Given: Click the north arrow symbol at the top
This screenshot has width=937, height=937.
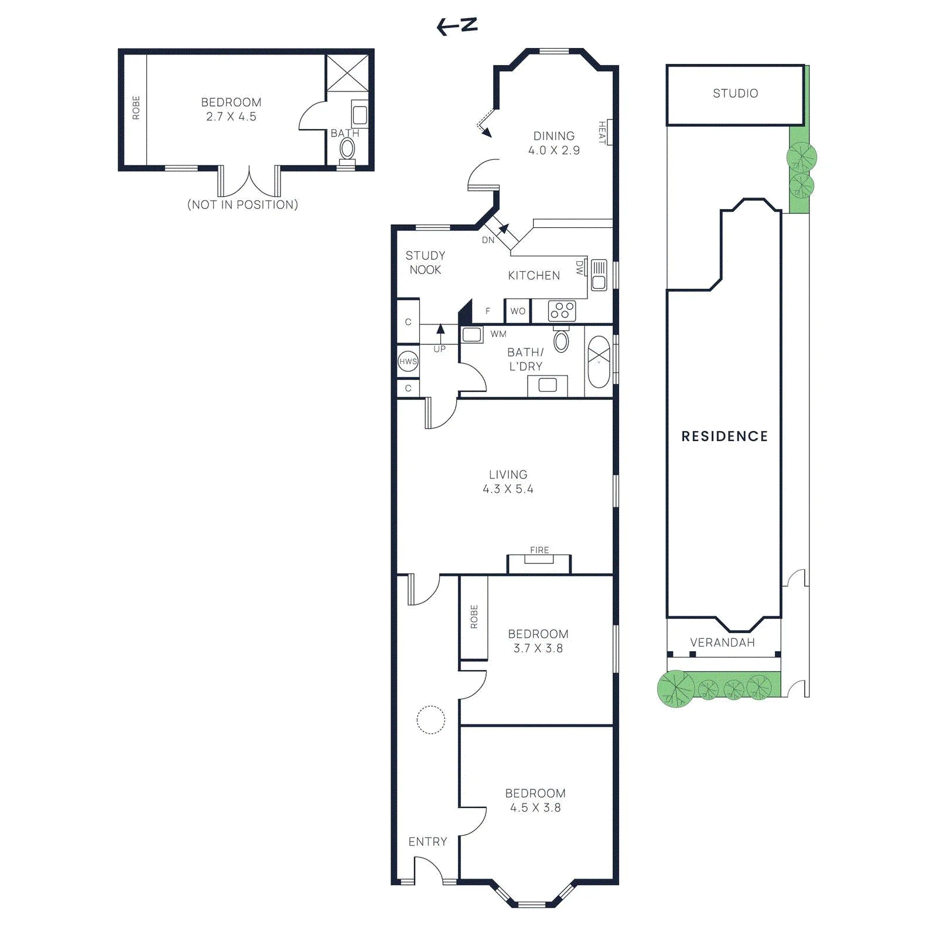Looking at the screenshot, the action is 457,26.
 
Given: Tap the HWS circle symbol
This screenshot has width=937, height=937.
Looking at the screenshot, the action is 408,361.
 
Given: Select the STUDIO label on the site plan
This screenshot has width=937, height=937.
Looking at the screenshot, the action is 735,93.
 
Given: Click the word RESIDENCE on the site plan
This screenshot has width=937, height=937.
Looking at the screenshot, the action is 724,436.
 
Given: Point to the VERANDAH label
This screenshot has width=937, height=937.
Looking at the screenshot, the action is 722,642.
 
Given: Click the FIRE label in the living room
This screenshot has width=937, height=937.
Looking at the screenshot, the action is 539,550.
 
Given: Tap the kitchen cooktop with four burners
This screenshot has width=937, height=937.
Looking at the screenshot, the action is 562,310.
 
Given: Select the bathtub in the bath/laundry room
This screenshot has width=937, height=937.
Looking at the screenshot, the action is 599,361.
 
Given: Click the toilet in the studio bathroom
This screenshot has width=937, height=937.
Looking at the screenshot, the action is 347,149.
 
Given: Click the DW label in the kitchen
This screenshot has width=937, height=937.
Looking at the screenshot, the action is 580,268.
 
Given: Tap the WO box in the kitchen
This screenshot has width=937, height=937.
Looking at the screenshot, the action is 518,311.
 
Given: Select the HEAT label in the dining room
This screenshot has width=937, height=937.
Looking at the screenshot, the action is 601,132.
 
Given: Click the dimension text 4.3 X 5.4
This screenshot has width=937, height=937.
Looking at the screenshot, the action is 508,489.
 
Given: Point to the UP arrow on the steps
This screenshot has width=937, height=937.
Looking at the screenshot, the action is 440,334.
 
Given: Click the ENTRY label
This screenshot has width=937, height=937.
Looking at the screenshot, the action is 428,842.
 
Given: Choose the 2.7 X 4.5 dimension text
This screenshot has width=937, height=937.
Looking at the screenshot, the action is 231,117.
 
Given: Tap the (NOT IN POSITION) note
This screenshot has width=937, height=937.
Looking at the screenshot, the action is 242,204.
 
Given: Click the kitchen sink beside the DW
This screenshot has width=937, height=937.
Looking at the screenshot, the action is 599,275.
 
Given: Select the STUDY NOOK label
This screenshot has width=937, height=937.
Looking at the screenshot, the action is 425,262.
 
